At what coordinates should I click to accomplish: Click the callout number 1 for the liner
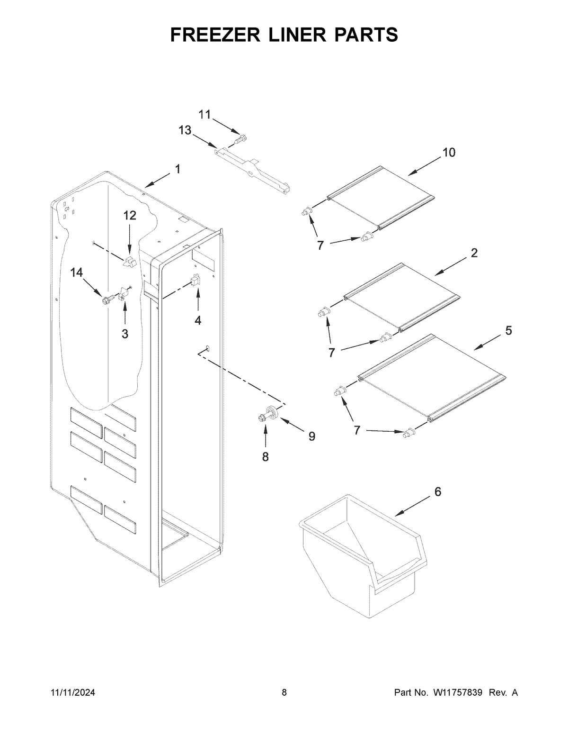click(x=177, y=169)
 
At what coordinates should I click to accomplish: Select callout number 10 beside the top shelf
click(x=449, y=153)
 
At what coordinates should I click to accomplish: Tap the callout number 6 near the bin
click(x=437, y=492)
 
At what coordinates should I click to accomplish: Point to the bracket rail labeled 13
click(x=251, y=168)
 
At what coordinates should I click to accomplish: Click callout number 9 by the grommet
click(x=312, y=436)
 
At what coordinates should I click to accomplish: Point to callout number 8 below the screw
click(x=265, y=456)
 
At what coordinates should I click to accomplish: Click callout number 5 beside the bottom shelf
click(x=508, y=331)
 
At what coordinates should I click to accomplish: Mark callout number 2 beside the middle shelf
click(x=474, y=253)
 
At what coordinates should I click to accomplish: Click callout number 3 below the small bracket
click(x=124, y=334)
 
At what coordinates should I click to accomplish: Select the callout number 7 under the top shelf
click(x=320, y=245)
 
